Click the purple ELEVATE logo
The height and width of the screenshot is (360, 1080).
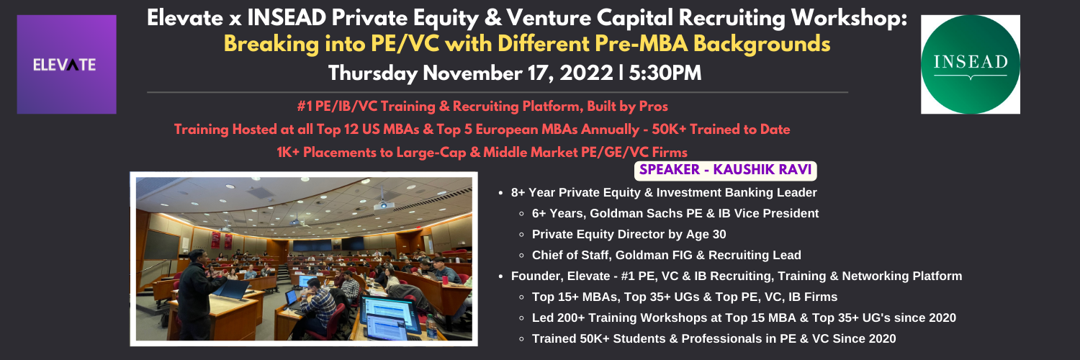(66, 65)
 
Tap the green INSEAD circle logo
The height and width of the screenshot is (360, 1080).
(970, 65)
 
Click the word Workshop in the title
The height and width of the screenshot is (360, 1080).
(849, 19)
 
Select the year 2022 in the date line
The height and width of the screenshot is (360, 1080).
(586, 73)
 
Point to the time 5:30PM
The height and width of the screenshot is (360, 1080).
(665, 73)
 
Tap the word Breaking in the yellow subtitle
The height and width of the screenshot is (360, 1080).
(271, 45)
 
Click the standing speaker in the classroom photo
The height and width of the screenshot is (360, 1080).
(197, 293)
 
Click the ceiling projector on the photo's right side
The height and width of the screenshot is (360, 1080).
(384, 205)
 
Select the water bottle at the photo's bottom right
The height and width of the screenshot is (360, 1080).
(431, 327)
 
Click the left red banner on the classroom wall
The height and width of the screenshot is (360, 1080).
(215, 240)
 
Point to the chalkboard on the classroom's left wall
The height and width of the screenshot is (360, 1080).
(162, 244)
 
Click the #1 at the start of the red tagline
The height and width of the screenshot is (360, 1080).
(305, 107)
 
